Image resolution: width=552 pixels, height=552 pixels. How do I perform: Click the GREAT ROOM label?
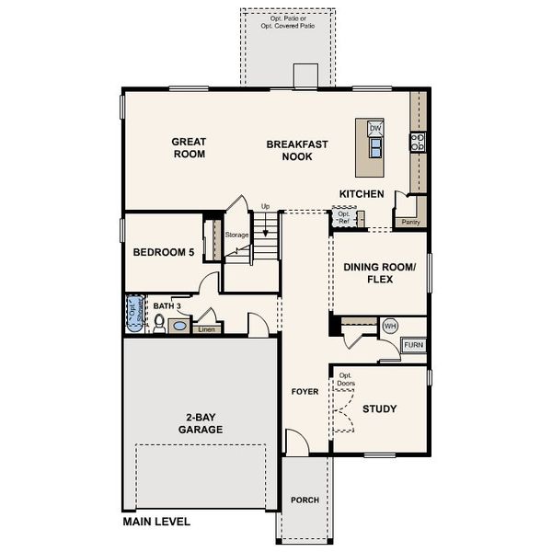point(189,148)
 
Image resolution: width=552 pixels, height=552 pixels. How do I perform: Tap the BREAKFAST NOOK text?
point(290,151)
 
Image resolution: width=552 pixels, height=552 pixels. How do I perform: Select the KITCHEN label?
point(362,194)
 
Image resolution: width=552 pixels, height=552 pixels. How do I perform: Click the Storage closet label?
point(236,236)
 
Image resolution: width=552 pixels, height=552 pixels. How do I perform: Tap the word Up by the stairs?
point(265,206)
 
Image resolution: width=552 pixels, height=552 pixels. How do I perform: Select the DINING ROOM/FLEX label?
point(380,273)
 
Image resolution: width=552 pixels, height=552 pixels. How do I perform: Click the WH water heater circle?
point(389,326)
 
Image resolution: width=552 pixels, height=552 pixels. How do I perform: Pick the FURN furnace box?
point(414,345)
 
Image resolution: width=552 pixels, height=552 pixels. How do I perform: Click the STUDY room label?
point(379,408)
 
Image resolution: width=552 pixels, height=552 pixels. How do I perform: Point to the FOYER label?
point(305,391)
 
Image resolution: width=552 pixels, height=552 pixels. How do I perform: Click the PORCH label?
point(305,500)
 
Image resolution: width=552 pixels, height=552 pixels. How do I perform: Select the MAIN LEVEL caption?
point(156,522)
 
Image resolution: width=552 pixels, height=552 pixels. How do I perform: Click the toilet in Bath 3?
point(160,323)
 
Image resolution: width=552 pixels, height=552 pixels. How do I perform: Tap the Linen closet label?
point(207,329)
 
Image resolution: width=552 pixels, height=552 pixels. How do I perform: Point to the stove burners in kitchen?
point(417,142)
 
